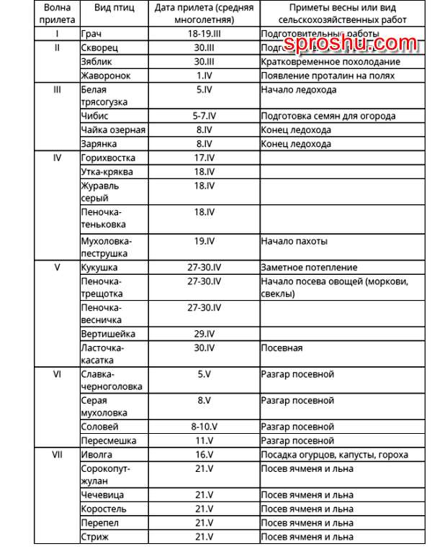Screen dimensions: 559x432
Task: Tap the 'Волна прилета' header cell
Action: (x=57, y=14)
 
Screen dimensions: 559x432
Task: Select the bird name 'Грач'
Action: (x=92, y=34)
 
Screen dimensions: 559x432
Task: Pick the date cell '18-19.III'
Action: (x=204, y=34)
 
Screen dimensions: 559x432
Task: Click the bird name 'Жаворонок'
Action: (x=105, y=75)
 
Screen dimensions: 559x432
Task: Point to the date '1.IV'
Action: (x=204, y=75)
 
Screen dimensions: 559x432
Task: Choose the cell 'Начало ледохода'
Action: (x=298, y=90)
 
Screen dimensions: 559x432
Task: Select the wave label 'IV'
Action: (x=57, y=158)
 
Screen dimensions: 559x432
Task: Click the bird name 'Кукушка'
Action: (x=99, y=268)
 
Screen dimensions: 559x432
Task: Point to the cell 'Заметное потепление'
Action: (x=309, y=268)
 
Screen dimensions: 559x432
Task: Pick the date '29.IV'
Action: (x=204, y=335)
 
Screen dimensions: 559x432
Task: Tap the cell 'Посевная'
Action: (x=282, y=348)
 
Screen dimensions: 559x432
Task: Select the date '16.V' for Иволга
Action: (x=204, y=455)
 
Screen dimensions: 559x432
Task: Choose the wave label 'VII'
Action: (x=57, y=455)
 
